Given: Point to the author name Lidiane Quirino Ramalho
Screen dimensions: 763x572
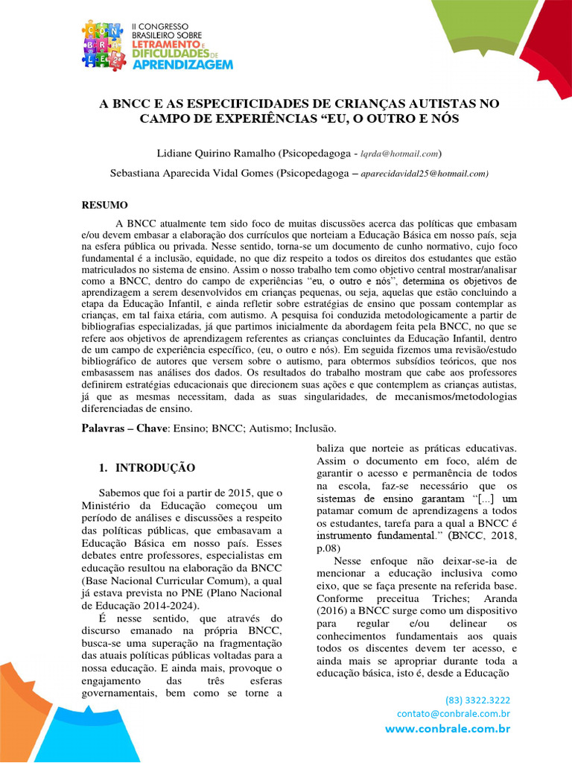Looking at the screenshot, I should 215,153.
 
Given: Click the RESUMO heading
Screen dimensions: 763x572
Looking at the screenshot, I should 104,205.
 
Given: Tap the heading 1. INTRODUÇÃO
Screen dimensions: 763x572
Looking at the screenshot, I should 147,468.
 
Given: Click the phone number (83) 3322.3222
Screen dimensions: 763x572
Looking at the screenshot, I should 477,700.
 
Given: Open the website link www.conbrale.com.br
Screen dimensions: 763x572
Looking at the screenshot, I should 448,729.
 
